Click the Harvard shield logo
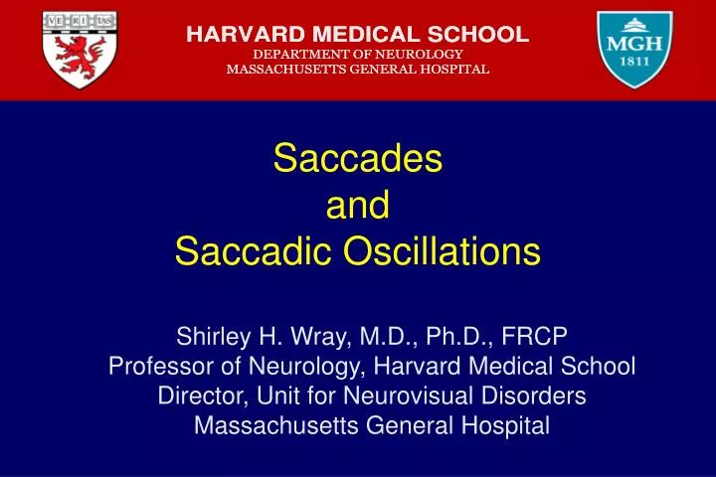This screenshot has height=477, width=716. (80, 50)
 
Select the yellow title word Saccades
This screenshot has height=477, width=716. (357, 159)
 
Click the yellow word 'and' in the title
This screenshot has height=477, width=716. (357, 206)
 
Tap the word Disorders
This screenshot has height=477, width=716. (536, 396)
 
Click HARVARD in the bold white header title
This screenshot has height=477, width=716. (239, 33)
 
